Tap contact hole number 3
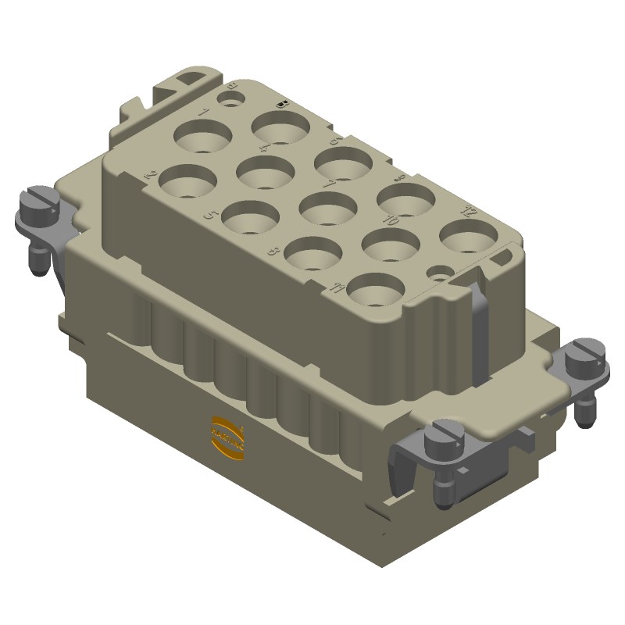click(x=280, y=128)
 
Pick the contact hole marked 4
click(x=266, y=171)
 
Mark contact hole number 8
click(x=312, y=252)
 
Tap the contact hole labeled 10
click(x=391, y=243)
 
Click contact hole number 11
click(x=374, y=287)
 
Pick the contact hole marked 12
click(x=469, y=235)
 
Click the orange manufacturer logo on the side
click(x=228, y=432)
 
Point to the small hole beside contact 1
click(x=230, y=99)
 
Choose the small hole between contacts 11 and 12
click(x=441, y=273)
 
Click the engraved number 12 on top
click(x=470, y=211)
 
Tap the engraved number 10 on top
click(x=391, y=221)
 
